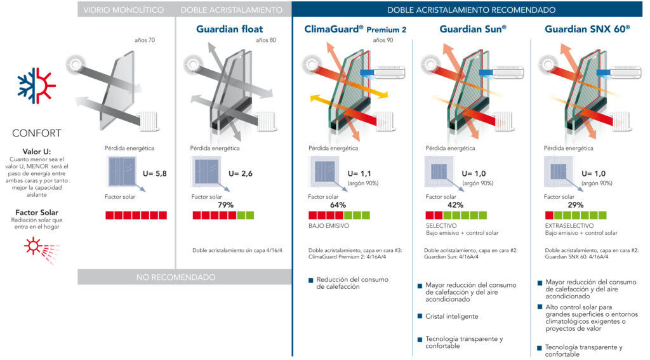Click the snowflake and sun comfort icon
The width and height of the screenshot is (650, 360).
[x=37, y=86]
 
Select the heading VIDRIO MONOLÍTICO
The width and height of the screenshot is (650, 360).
[x=124, y=10]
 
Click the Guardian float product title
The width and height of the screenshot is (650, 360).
[x=229, y=29]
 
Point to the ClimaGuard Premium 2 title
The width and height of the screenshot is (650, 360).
[x=355, y=29]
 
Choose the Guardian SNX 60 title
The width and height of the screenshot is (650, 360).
[x=587, y=29]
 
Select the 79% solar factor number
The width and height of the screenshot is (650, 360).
[x=225, y=205]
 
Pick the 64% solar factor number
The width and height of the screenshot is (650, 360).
[x=338, y=205]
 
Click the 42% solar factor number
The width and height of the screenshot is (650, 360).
[x=455, y=205]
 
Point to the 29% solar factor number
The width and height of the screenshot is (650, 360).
[x=576, y=205]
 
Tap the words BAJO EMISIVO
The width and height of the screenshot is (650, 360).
[x=328, y=226]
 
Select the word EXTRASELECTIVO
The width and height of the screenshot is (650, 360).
[x=569, y=226]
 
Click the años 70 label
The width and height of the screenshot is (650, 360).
[x=144, y=40]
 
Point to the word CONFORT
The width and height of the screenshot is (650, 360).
[x=37, y=133]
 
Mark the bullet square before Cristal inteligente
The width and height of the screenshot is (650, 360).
[x=420, y=316]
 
